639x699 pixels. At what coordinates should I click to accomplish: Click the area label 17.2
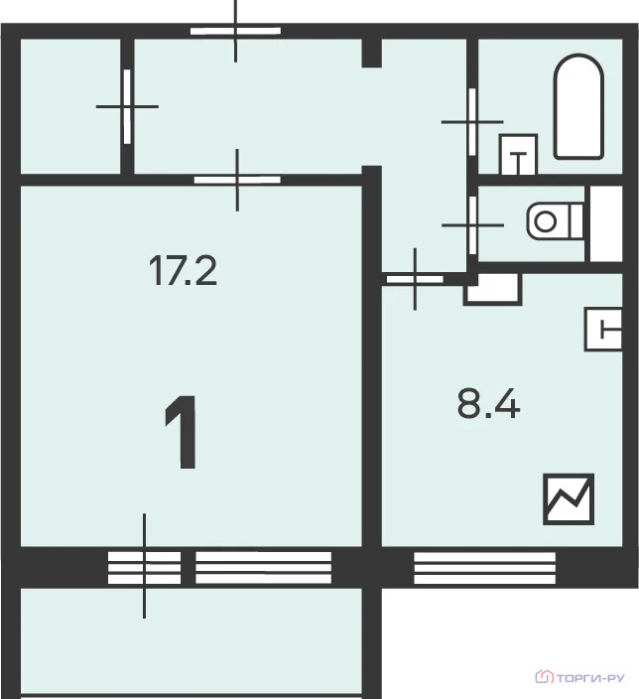[x=183, y=270]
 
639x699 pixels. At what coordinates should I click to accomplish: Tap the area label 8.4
[x=489, y=403]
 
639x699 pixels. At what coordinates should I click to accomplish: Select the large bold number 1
[x=182, y=432]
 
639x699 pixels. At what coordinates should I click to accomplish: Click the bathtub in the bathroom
[x=578, y=106]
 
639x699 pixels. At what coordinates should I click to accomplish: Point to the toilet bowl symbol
[x=556, y=221]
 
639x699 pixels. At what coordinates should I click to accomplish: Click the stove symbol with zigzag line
[x=569, y=499]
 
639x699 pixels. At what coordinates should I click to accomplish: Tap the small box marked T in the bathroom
[x=518, y=154]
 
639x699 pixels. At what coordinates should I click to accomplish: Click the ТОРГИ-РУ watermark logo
[x=579, y=678]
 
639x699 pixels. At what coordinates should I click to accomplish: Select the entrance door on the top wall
[x=236, y=31]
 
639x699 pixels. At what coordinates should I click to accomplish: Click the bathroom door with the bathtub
[x=472, y=122]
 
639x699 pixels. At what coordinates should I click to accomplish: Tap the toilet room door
[x=472, y=225]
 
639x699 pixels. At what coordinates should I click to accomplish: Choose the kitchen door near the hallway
[x=415, y=280]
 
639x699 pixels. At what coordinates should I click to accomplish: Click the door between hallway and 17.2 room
[x=237, y=180]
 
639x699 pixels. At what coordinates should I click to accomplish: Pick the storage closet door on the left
[x=127, y=106]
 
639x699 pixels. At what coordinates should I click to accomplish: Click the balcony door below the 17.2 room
[x=145, y=568]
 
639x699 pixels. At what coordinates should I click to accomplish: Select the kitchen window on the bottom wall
[x=485, y=568]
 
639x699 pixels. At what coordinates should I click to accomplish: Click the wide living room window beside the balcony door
[x=264, y=568]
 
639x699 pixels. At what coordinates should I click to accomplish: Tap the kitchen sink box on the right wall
[x=603, y=329]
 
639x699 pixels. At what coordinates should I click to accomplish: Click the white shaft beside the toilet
[x=606, y=223]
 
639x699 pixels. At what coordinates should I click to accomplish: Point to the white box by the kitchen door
[x=493, y=290]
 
